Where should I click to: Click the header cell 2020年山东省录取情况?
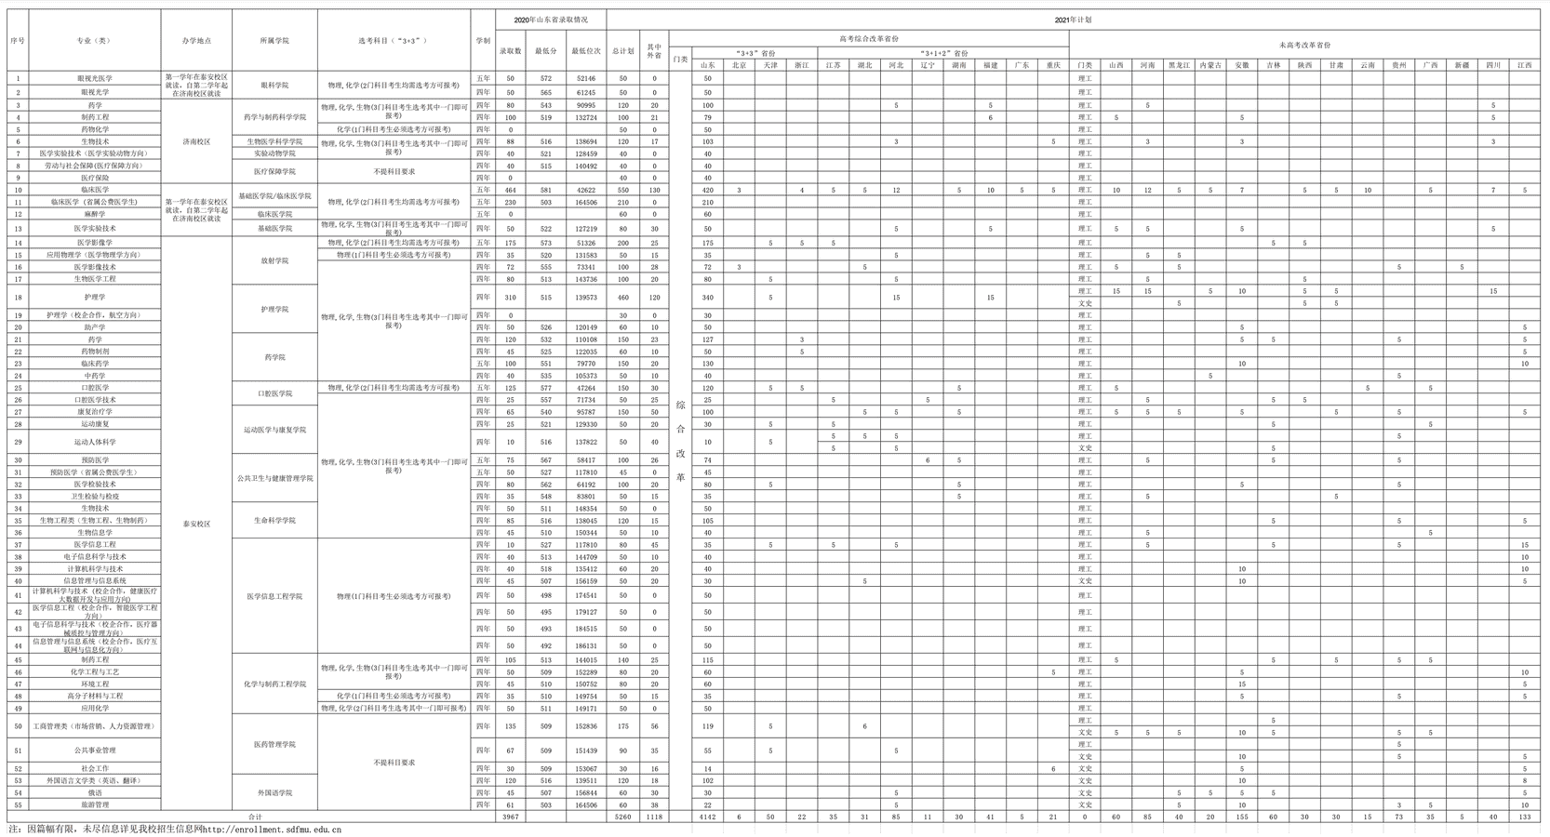tap(551, 19)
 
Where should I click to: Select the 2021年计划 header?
tap(1073, 19)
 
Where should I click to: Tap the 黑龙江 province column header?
tap(1179, 65)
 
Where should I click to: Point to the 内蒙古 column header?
tap(1209, 65)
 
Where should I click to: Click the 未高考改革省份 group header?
tap(1304, 44)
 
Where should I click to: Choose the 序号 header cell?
tap(18, 41)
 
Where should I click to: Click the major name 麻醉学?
tap(93, 214)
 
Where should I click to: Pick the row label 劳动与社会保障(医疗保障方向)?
tap(93, 166)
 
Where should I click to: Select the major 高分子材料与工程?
tap(93, 696)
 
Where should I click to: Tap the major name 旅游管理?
tap(93, 804)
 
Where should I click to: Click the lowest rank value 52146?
tap(585, 79)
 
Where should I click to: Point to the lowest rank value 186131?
tap(585, 645)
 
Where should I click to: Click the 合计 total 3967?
tap(510, 817)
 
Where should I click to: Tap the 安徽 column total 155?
tap(1241, 817)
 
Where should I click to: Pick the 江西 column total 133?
tap(1523, 817)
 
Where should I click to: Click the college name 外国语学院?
tap(274, 792)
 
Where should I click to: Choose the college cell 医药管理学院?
tap(274, 744)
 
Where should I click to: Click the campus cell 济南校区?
tap(195, 141)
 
